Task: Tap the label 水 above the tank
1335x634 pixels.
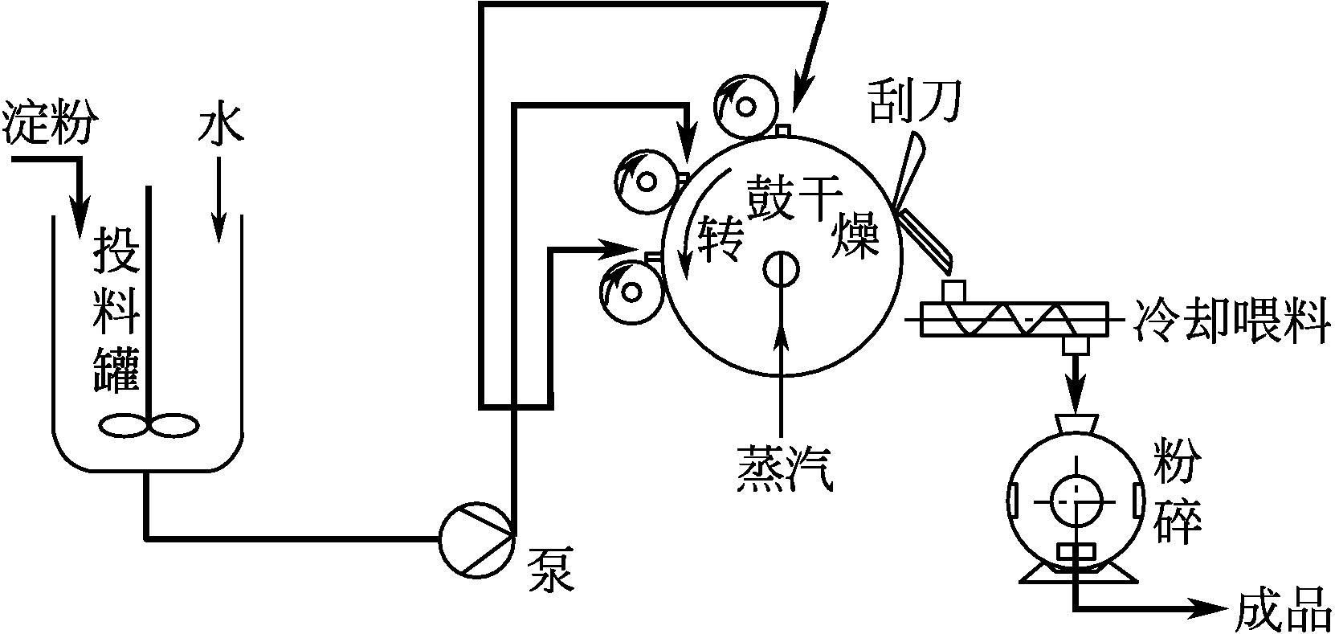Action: [218, 126]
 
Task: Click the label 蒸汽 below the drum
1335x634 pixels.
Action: [783, 467]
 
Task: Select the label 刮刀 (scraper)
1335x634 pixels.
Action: [915, 102]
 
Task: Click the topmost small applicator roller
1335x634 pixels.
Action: [748, 106]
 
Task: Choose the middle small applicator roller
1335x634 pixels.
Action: [644, 182]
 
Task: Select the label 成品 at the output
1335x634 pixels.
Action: [1282, 610]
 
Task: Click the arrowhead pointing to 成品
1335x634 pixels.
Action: [1214, 610]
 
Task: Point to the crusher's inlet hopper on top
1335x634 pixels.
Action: [1074, 423]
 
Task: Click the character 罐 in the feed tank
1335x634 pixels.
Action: [117, 368]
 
